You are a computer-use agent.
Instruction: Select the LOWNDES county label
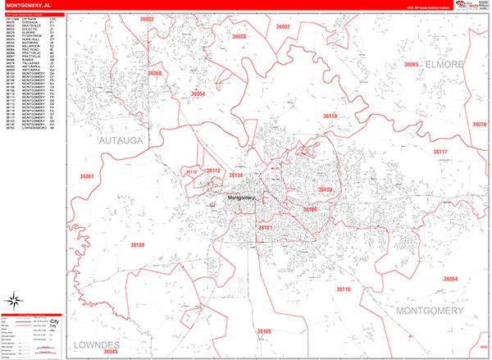pyautogui.click(x=96, y=343)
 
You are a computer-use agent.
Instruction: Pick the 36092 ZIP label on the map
pyautogui.click(x=283, y=27)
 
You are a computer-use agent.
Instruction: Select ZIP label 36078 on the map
pyautogui.click(x=479, y=124)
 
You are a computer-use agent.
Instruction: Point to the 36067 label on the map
pyautogui.click(x=87, y=176)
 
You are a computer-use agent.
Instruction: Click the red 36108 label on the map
pyautogui.click(x=137, y=244)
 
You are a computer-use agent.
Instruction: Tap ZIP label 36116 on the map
pyautogui.click(x=343, y=289)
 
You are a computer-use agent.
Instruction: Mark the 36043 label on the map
pyautogui.click(x=111, y=351)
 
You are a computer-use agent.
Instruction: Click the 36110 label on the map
pyautogui.click(x=330, y=116)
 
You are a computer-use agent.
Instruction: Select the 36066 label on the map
pyautogui.click(x=155, y=73)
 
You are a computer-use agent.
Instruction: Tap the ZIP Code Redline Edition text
pyautogui.click(x=417, y=9)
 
